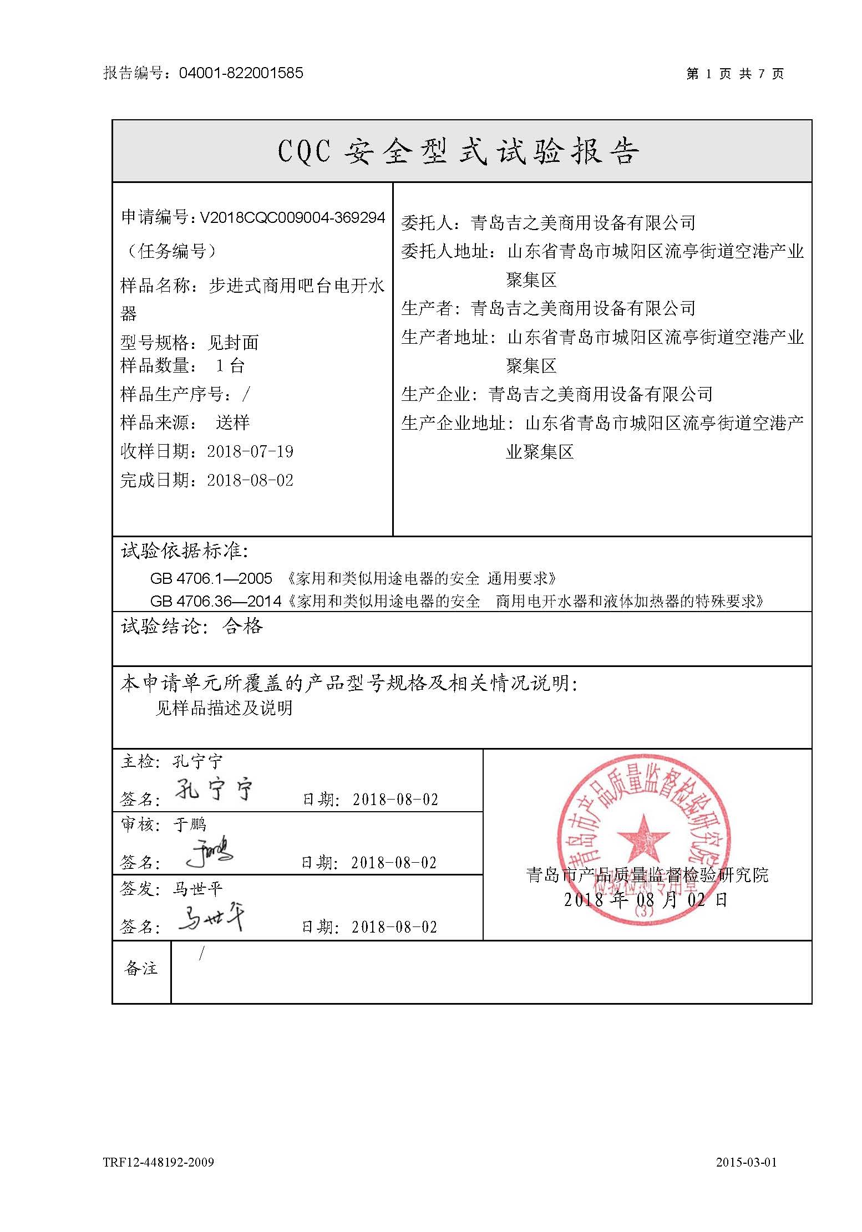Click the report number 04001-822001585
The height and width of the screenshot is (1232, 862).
coord(241,73)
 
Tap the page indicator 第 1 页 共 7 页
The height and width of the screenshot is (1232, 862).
coord(734,74)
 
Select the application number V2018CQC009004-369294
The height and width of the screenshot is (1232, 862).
coord(292,218)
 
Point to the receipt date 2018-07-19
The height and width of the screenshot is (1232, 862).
coord(250,451)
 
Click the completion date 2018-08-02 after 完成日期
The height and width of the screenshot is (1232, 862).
coord(250,480)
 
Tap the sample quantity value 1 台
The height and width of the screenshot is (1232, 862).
coord(230,366)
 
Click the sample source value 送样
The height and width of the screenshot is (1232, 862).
coord(232,423)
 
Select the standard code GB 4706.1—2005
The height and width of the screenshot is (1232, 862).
coord(211,579)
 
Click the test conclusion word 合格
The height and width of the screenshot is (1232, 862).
coord(242,627)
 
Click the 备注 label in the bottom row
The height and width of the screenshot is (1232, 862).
coord(141,969)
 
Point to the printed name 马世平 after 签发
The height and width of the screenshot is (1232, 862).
coord(197,889)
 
